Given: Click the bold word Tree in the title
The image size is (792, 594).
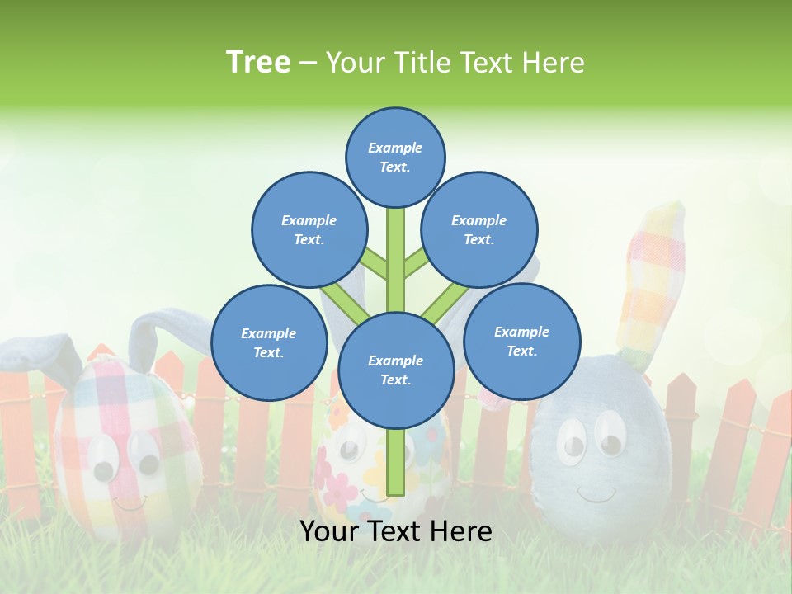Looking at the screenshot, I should tap(258, 63).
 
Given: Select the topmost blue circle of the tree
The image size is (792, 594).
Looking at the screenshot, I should tap(395, 157).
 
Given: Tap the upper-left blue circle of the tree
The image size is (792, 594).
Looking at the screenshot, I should tap(309, 229).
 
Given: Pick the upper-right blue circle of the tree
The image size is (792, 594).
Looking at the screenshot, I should tap(478, 229).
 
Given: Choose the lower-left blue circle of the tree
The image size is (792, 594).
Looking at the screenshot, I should tap(268, 342).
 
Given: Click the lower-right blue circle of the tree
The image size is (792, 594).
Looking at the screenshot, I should tap(521, 341).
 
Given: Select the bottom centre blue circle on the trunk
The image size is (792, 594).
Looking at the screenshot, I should tap(395, 370).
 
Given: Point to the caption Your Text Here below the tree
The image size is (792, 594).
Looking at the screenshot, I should tap(395, 532).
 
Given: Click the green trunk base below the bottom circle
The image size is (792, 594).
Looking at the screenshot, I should tap(396, 462).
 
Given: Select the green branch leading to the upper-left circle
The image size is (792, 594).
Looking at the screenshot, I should tap(375, 266).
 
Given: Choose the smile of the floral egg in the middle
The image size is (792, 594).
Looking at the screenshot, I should tap(375, 497).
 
